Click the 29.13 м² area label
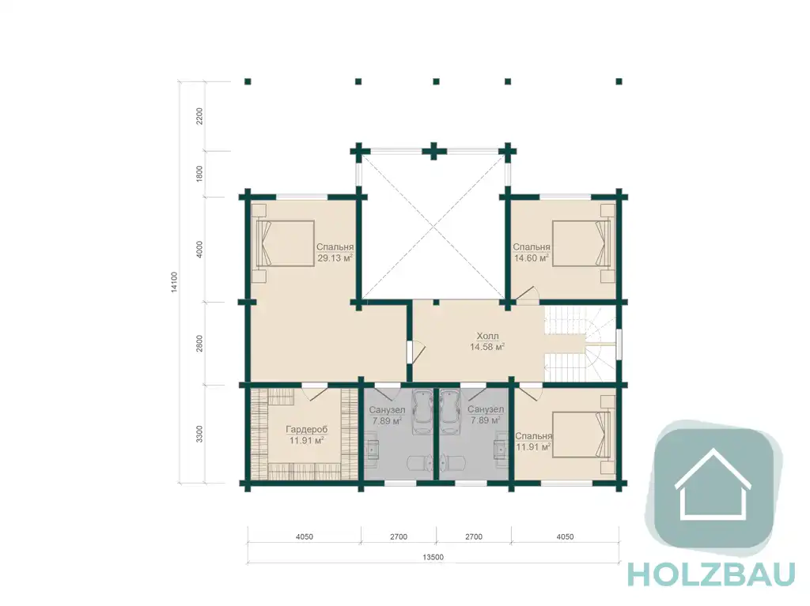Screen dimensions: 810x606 335,258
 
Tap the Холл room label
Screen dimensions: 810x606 487,336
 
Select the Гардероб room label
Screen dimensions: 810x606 306,430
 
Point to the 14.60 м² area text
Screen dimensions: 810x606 531,258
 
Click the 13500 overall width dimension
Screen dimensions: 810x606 433,558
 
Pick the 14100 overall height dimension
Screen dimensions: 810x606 174,282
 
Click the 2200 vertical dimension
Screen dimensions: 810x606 199,115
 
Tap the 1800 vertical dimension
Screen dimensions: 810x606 199,174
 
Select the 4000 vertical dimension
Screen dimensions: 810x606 199,250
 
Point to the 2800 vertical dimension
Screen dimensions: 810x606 199,344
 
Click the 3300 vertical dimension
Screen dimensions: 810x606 199,434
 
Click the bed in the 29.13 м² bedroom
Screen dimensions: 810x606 285,243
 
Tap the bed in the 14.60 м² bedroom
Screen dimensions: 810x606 581,243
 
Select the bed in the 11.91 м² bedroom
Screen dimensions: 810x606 581,434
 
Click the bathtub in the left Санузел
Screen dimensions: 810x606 422,412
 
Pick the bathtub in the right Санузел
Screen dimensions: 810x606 449,412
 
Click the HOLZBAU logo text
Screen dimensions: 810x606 711,574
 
